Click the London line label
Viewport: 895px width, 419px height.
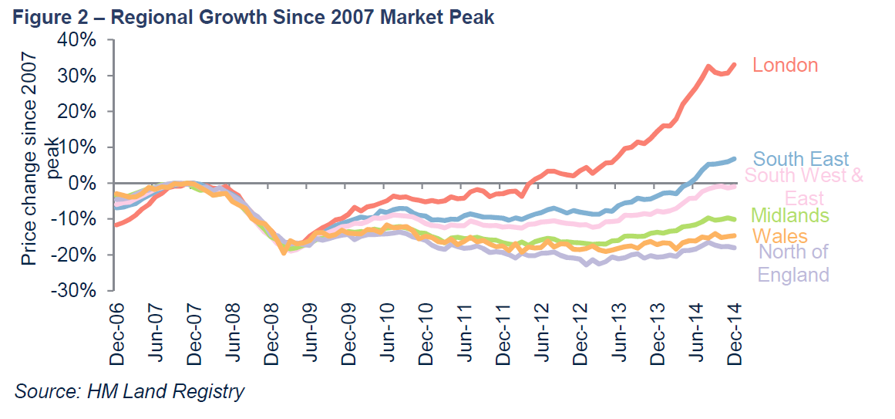[785, 66]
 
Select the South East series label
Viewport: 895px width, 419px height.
[800, 160]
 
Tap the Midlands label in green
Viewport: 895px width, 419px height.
[789, 215]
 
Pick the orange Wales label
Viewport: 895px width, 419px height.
[779, 236]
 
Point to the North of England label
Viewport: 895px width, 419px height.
[794, 263]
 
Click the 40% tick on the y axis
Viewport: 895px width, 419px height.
[74, 40]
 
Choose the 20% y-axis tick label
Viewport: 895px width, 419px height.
[74, 112]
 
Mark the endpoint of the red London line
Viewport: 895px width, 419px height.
[734, 65]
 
